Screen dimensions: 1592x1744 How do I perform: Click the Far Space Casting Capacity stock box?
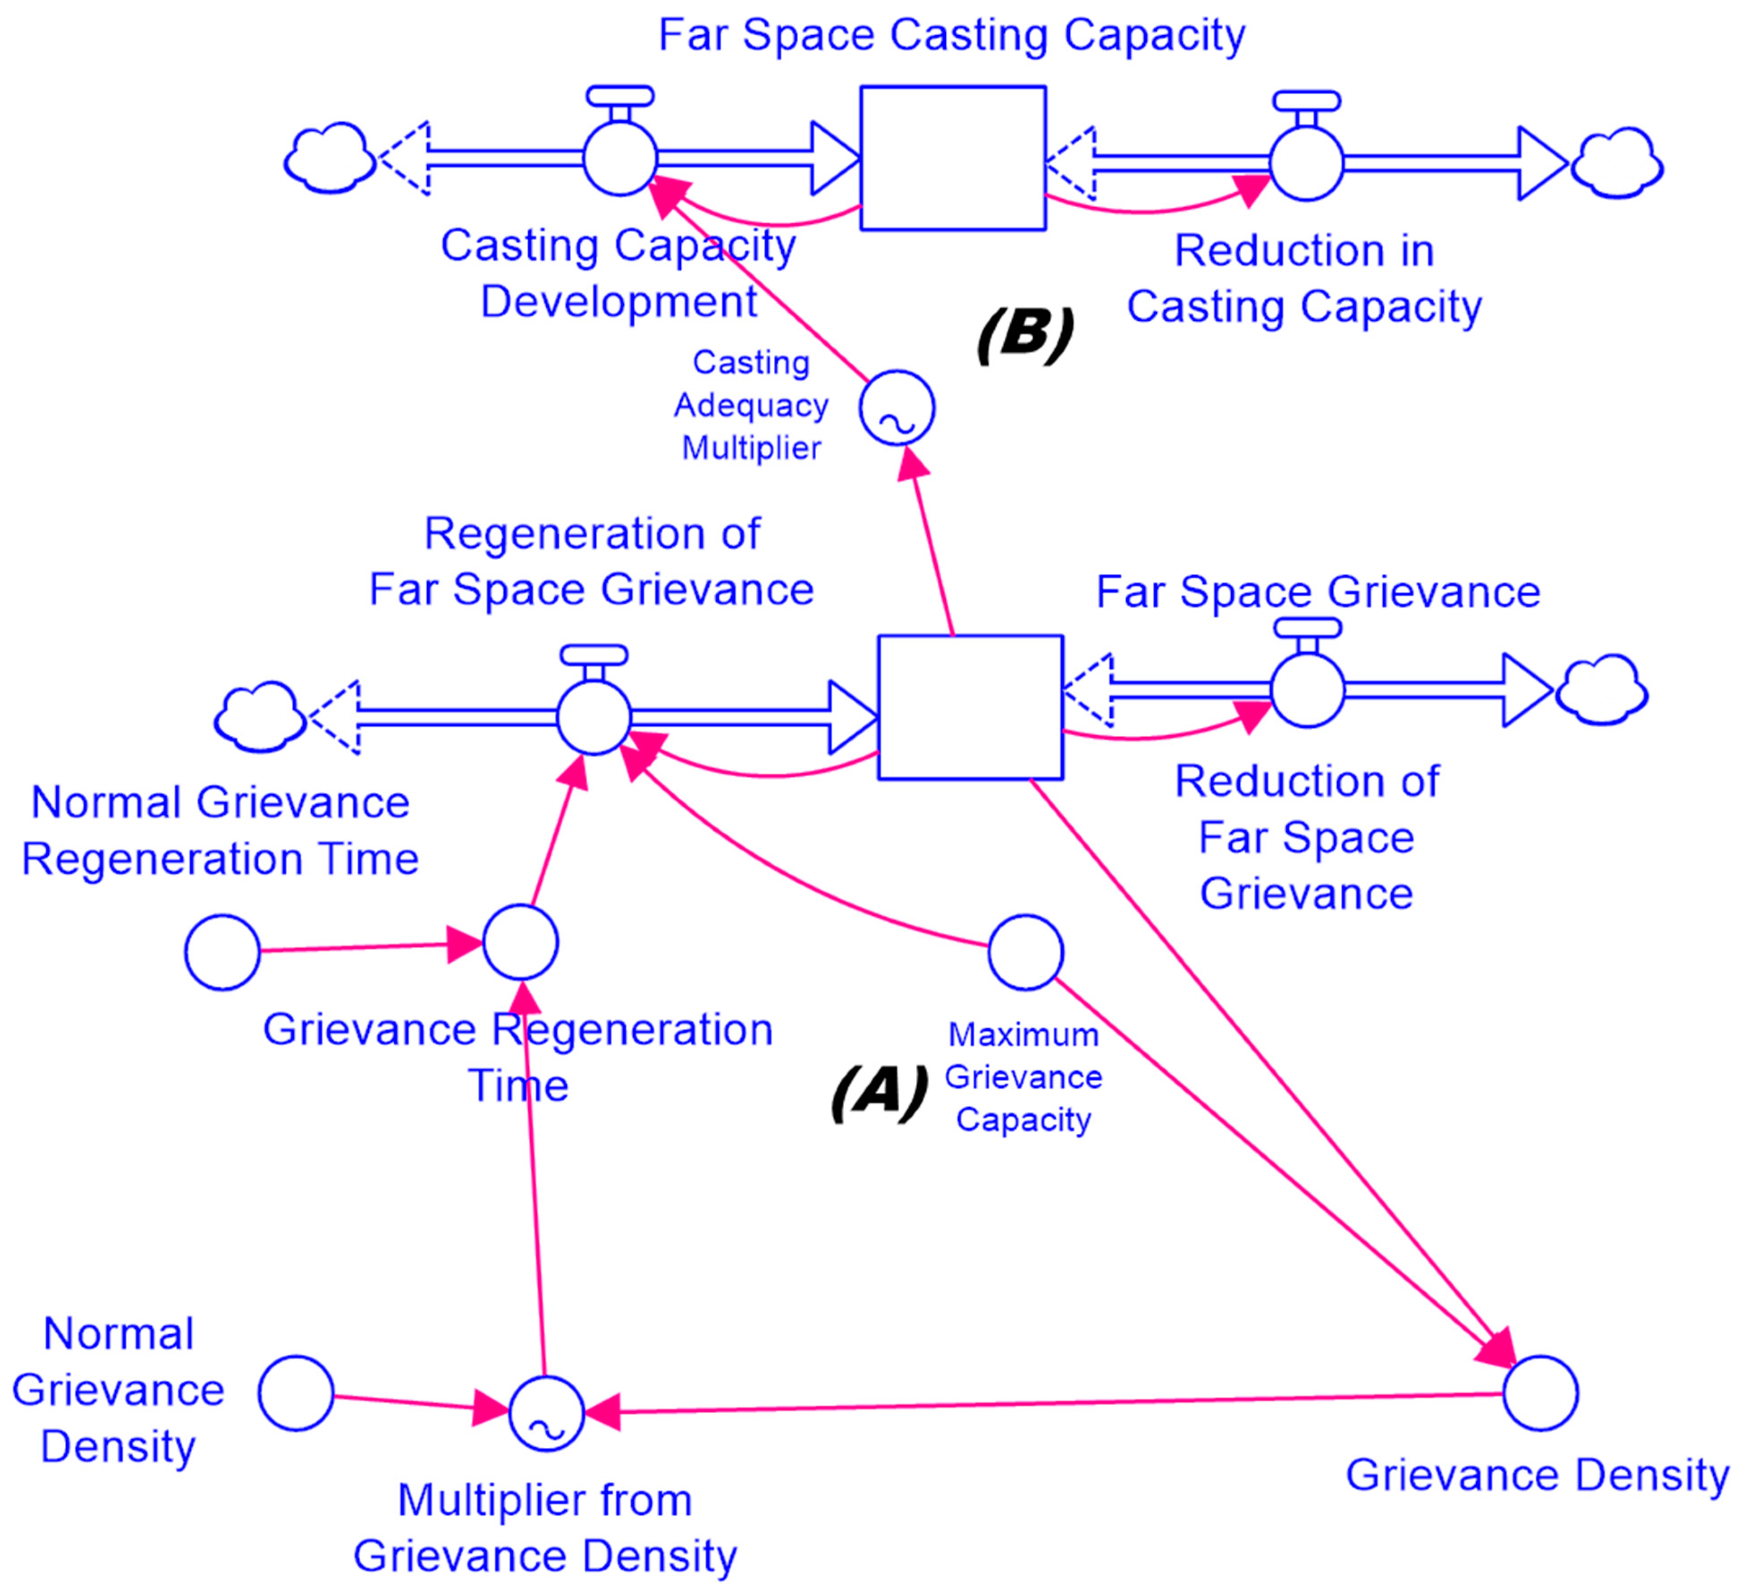[x=952, y=158]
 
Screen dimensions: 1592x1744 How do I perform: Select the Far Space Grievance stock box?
[x=970, y=708]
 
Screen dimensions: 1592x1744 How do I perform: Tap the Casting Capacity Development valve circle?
[x=619, y=158]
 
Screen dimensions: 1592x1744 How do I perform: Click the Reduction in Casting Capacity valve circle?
[x=1306, y=163]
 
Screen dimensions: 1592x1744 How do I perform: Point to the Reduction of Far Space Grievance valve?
[x=1307, y=689]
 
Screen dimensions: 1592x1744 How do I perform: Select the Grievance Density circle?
[x=1540, y=1393]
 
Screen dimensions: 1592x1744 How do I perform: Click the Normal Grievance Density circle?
[x=296, y=1393]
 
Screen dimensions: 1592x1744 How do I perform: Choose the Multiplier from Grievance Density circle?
[x=546, y=1413]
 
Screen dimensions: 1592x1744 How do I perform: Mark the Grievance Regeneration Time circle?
[x=520, y=942]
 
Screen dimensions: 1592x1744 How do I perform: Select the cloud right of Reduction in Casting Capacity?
[x=1616, y=163]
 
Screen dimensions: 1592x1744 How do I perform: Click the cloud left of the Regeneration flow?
[x=260, y=716]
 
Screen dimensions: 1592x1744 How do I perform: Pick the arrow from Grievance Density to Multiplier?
[x=1038, y=1404]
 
